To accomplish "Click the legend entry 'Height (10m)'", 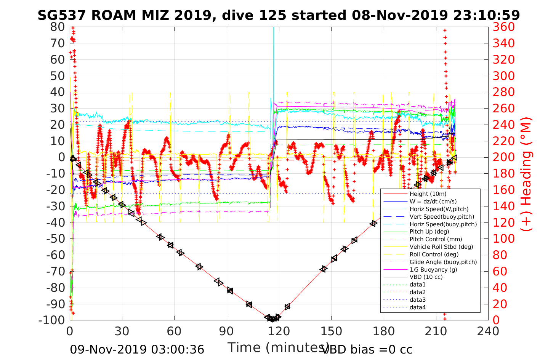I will point(428,194).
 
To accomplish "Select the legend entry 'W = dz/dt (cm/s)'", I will point(433,202).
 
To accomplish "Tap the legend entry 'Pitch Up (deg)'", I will point(429,232).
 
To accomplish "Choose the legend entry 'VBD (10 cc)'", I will point(426,277).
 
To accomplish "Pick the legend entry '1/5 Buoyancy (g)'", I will point(433,269).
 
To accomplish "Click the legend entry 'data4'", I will point(417,307).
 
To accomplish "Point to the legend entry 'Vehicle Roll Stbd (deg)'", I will point(441,247).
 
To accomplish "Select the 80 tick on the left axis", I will point(58,27).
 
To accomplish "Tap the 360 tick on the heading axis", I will point(503,27).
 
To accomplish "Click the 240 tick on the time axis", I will point(488,331).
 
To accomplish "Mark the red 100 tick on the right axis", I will point(503,238).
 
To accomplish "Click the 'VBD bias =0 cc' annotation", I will point(367,349).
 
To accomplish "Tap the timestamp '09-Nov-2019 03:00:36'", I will point(137,349).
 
